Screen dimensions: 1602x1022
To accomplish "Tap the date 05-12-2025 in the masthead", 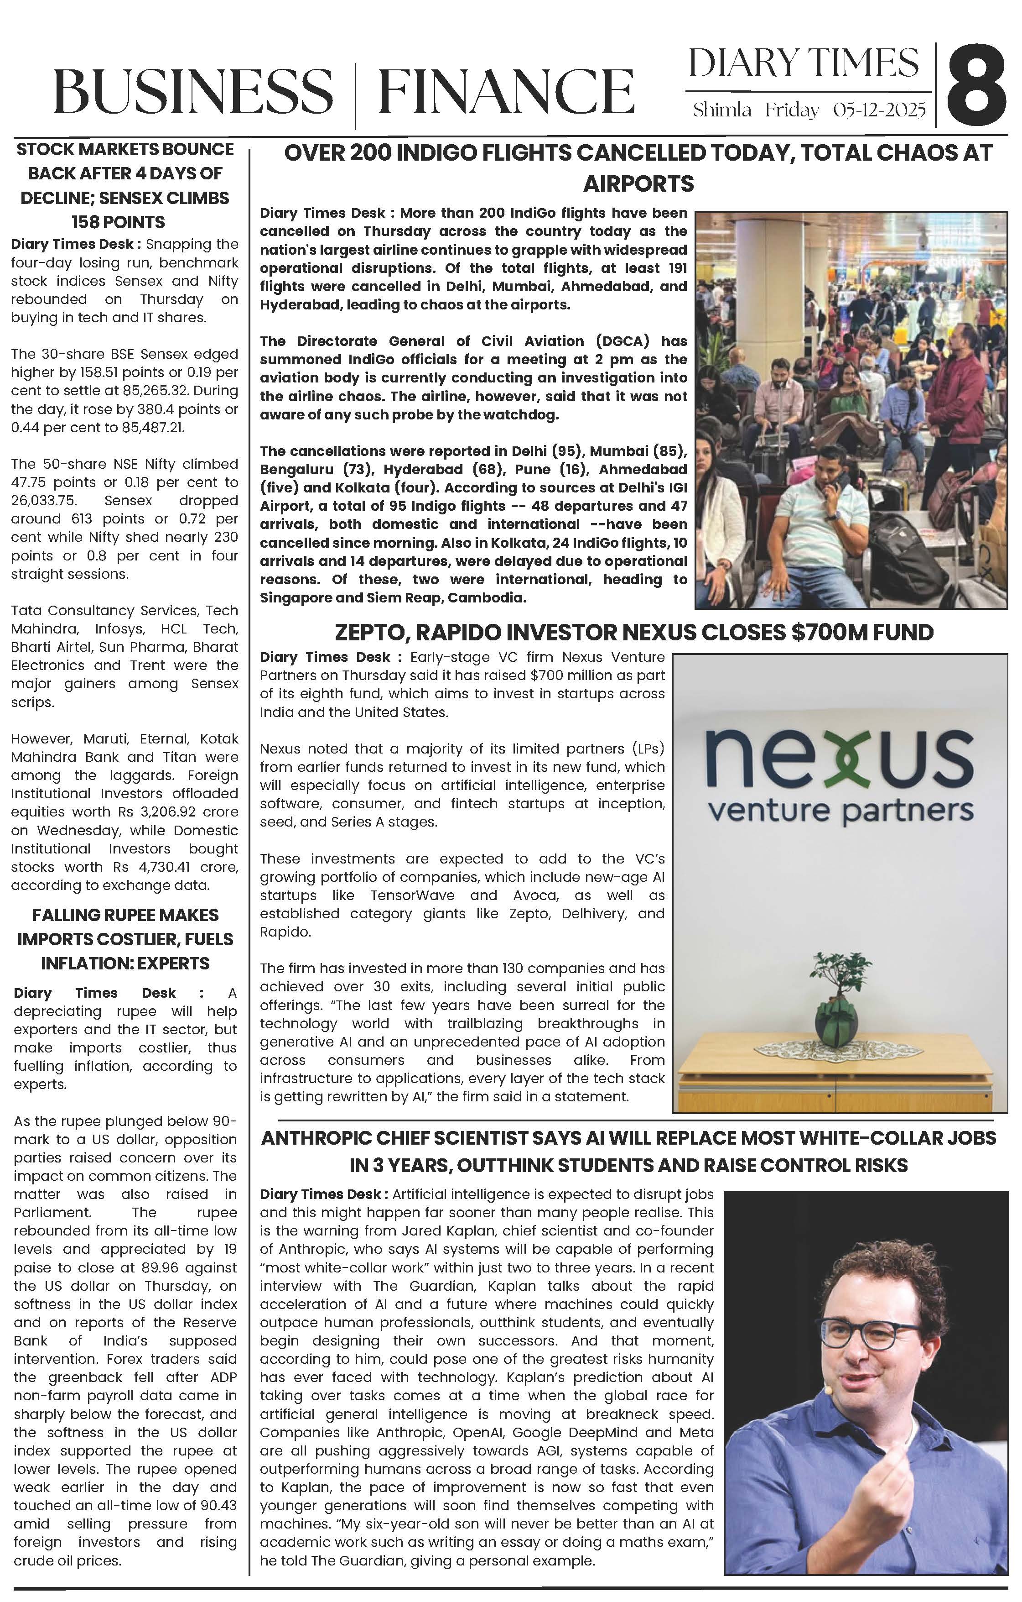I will (879, 110).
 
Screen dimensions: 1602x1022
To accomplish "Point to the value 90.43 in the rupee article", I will (217, 1506).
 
